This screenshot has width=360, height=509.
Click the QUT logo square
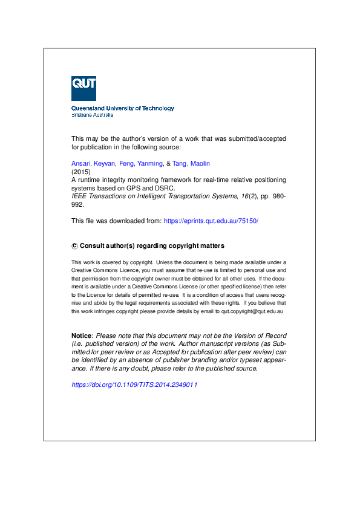[x=83, y=88]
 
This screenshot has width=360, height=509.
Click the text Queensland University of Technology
[x=123, y=108]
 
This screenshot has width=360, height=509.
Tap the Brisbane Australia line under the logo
[x=93, y=114]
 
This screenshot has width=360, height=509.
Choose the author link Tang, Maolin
[x=192, y=163]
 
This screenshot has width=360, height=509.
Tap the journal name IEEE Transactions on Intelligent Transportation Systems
[x=151, y=196]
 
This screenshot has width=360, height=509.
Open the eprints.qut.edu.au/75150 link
[x=211, y=221]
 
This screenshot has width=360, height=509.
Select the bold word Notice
[x=82, y=336]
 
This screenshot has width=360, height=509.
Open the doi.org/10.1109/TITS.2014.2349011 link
[x=134, y=384]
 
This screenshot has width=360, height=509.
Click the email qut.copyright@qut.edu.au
[x=253, y=311]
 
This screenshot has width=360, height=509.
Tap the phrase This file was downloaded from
[x=116, y=221]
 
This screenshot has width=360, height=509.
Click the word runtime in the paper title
[x=91, y=180]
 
